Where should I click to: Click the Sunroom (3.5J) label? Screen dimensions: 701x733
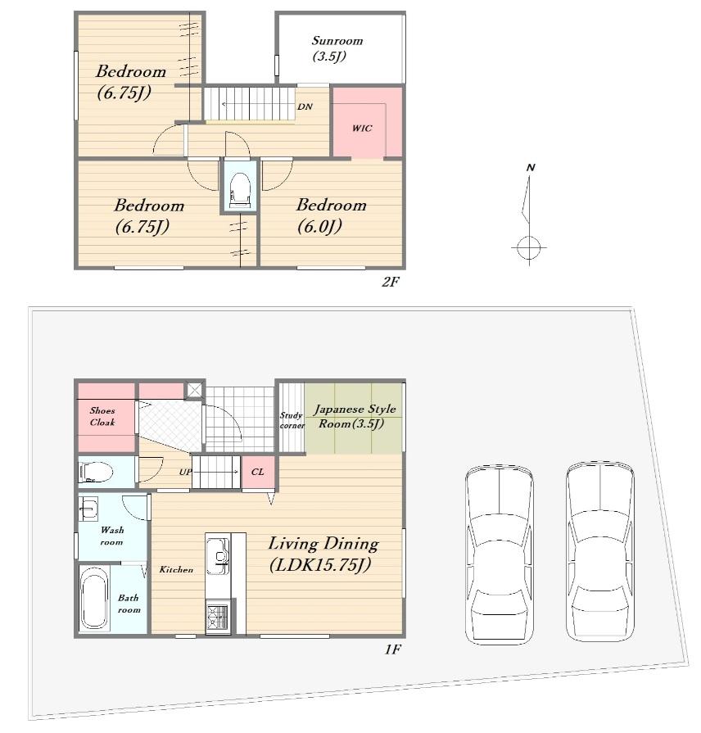(x=337, y=48)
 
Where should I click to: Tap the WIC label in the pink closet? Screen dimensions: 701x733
(x=362, y=128)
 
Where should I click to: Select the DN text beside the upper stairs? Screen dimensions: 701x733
(x=305, y=106)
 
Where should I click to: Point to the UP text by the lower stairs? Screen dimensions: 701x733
(x=186, y=472)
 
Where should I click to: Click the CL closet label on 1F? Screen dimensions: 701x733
(x=257, y=472)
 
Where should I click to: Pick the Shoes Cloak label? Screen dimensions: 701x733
(x=102, y=416)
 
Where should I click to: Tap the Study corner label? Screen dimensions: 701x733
(x=292, y=420)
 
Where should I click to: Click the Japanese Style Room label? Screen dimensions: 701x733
(x=355, y=416)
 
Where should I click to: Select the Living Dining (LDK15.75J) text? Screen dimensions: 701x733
(x=323, y=554)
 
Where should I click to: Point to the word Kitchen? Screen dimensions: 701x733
(x=176, y=569)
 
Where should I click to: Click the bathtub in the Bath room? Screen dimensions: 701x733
(x=94, y=598)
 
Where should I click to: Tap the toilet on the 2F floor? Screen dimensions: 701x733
(x=241, y=190)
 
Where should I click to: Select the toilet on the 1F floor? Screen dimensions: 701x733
(x=96, y=472)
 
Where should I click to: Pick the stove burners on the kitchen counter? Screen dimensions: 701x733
(x=217, y=617)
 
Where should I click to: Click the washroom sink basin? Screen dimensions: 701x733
(x=88, y=508)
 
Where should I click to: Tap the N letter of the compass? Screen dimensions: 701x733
(x=531, y=167)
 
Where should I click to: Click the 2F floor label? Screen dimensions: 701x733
(x=391, y=282)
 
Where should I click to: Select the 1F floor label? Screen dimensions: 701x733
(x=392, y=649)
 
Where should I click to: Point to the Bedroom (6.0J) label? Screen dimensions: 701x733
(x=332, y=215)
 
